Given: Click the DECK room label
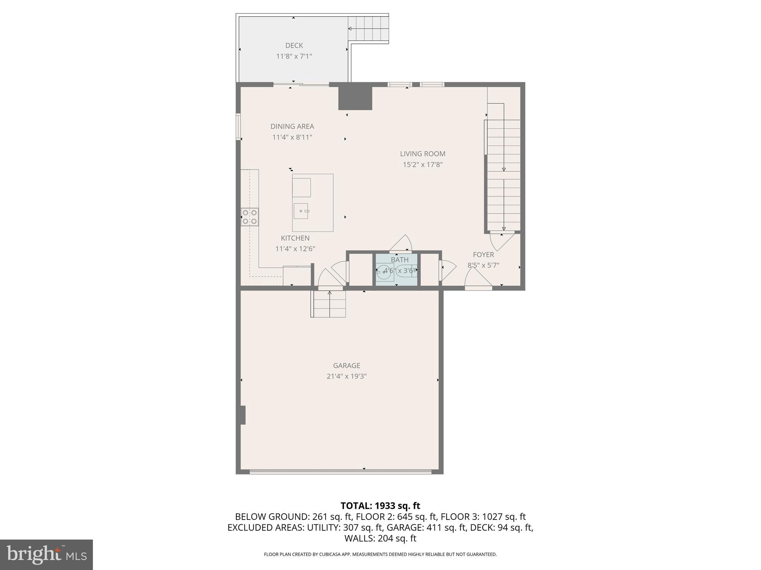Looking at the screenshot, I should [294, 46].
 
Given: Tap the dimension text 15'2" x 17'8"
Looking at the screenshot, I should [422, 164].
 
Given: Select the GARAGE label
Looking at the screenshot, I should [346, 366].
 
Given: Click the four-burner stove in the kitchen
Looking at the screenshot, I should [250, 217].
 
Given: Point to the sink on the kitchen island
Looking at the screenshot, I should [301, 211].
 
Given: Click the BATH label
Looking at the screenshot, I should [399, 260].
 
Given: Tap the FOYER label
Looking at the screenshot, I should [483, 255].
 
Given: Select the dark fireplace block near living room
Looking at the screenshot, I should [355, 98].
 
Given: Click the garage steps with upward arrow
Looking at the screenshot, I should [329, 304].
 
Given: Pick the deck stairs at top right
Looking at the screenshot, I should [369, 29].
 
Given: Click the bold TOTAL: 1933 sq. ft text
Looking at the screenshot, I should [380, 505].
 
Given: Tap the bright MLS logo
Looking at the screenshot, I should [46, 554].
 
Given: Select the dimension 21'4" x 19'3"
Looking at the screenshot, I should [346, 376].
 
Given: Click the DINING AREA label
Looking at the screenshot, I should [292, 127].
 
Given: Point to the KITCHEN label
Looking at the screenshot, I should [295, 238].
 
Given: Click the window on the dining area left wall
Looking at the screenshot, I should [238, 127].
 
